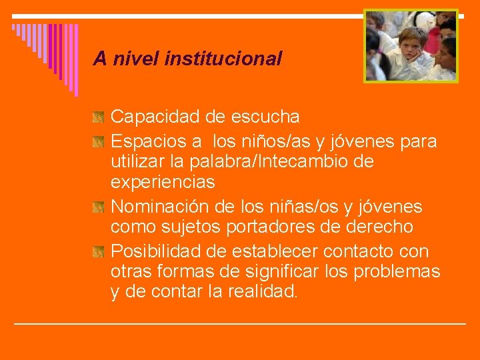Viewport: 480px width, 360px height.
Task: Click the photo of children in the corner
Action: coord(411,45)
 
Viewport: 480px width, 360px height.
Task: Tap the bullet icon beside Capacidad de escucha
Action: coord(99,117)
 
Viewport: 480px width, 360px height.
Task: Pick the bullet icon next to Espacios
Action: coord(99,141)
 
